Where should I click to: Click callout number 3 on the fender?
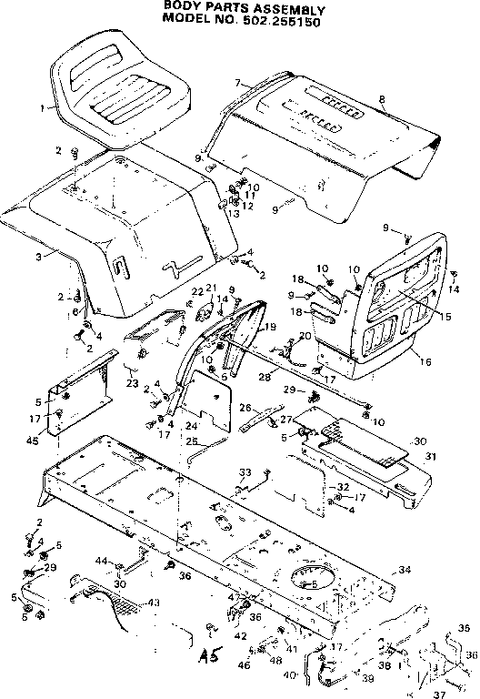(38, 258)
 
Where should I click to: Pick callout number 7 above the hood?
(237, 83)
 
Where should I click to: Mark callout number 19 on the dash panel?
(269, 326)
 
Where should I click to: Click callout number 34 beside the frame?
(403, 570)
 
